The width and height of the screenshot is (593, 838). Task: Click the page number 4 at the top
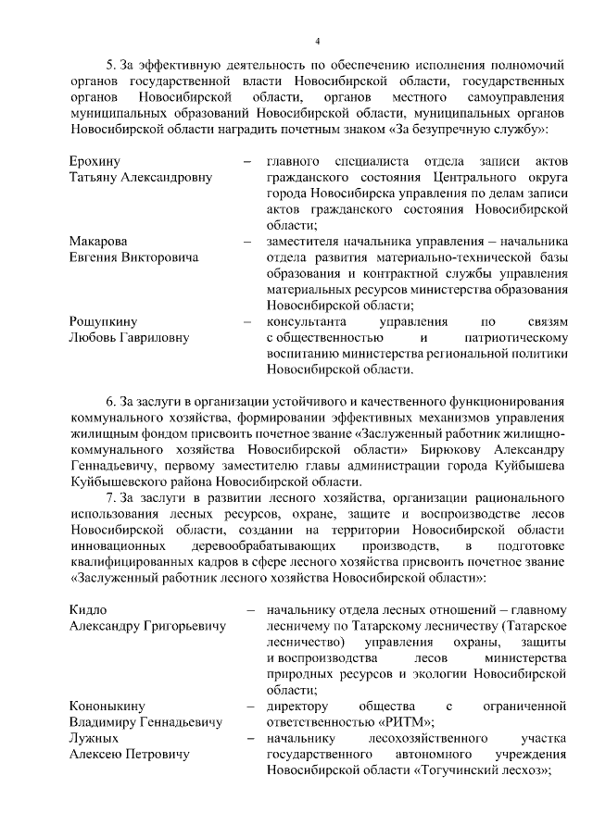317,41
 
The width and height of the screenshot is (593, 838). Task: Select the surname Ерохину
95,161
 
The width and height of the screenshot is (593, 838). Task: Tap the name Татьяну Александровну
141,177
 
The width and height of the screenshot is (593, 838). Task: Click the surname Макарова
99,241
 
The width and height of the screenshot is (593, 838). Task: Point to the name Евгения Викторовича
133,256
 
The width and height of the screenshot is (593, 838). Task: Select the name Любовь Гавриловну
129,337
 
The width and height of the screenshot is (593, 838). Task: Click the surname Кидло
89,610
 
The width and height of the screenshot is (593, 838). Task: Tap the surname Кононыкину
107,707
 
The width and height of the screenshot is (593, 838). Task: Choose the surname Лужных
94,739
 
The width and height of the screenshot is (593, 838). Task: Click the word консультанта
306,321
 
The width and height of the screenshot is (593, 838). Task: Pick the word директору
298,707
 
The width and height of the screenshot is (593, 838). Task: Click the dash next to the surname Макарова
248,241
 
